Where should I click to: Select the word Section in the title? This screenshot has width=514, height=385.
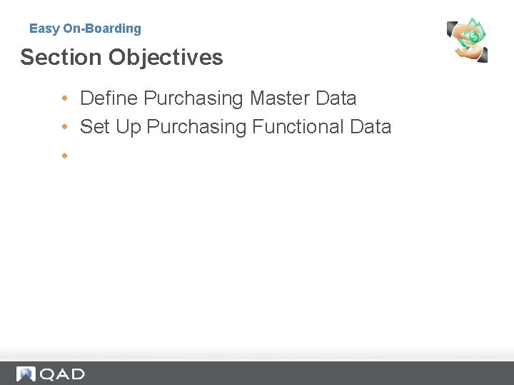(59, 57)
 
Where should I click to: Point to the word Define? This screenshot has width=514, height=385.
(109, 98)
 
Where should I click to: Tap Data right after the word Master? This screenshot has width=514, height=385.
(336, 98)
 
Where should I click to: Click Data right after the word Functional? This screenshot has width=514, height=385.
(371, 127)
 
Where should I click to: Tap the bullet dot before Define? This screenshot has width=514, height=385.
(64, 98)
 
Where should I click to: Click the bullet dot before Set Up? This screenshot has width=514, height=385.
(64, 127)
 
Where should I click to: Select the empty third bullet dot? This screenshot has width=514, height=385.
(64, 155)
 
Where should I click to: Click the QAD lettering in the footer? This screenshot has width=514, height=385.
(62, 374)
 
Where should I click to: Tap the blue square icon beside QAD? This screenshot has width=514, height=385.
(26, 374)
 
